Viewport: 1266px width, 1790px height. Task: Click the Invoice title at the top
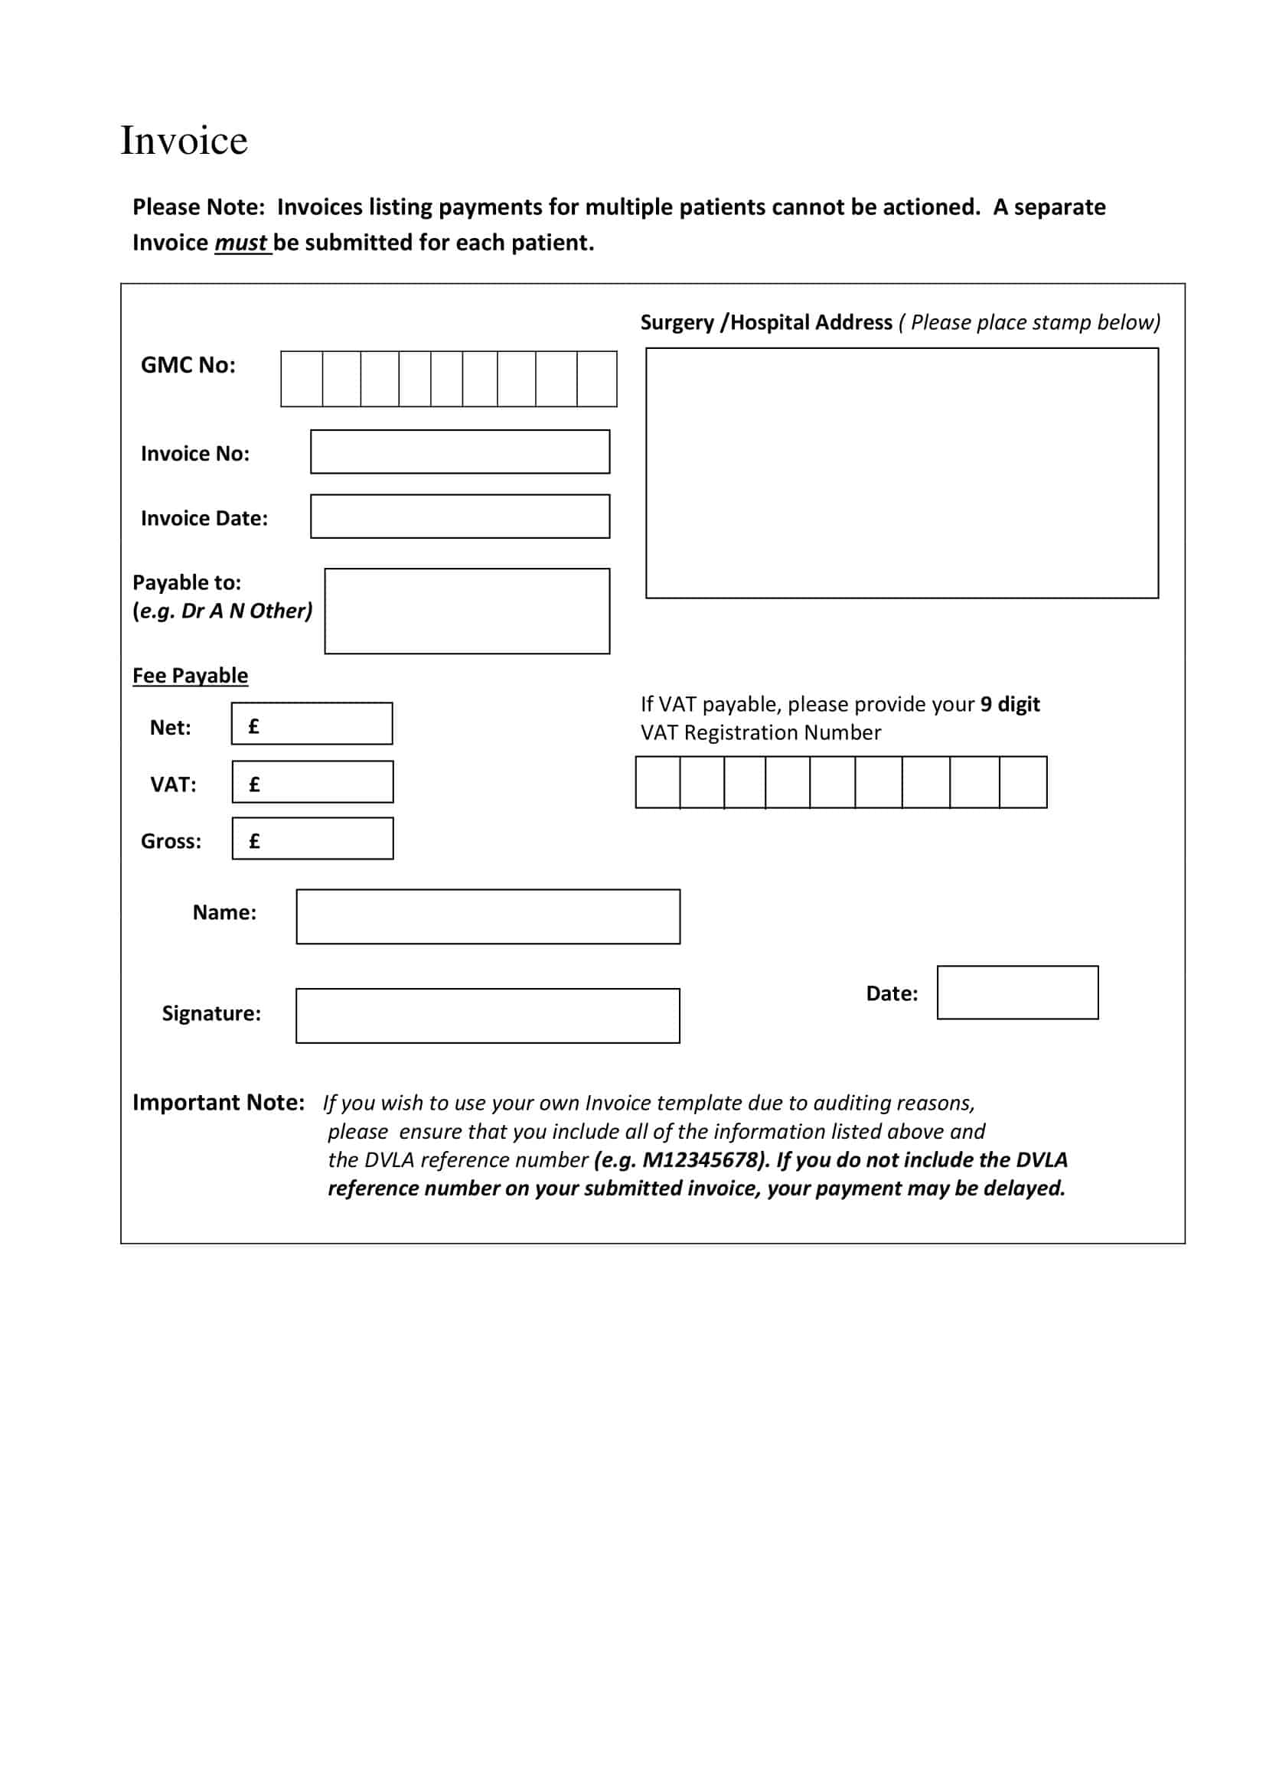184,141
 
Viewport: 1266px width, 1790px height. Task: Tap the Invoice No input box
460,452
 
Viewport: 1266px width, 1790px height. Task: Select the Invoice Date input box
460,516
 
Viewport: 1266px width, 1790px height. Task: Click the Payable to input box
467,611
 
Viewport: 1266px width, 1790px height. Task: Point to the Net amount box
312,723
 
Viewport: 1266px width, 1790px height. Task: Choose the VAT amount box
312,782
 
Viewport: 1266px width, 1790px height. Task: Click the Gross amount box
312,838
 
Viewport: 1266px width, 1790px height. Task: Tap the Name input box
488,916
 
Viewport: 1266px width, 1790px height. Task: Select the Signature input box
488,1016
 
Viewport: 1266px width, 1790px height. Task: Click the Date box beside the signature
1017,993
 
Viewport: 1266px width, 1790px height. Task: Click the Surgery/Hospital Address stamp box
902,473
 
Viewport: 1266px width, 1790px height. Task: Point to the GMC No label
188,365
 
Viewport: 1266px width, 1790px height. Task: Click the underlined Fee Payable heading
191,675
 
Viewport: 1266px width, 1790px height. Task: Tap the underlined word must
242,243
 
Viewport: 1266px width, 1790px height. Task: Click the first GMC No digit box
302,379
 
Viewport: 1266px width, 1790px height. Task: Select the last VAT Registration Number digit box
1023,782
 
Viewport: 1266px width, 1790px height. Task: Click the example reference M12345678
700,1160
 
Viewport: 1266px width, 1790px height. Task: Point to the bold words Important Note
219,1102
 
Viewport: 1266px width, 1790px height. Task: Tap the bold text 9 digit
1010,704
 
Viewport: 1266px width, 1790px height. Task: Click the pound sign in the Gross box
254,840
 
